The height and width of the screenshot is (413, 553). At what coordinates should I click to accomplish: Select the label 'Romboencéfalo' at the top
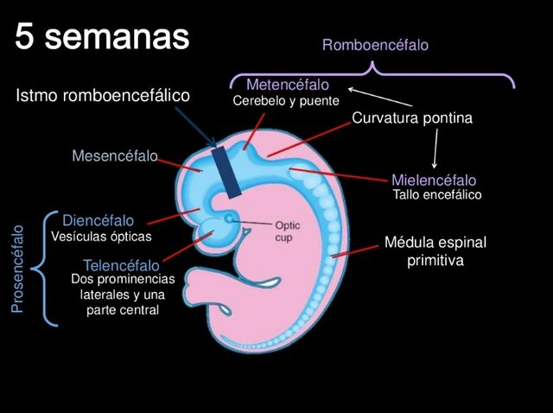375,45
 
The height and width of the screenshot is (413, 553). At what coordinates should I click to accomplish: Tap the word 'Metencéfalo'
287,85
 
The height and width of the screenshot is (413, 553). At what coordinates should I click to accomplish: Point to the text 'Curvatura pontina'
412,118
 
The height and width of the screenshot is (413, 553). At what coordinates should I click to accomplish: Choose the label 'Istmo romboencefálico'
103,95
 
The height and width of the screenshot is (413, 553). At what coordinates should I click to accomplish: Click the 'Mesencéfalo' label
115,156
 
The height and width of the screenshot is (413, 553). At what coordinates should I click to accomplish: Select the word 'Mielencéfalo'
434,181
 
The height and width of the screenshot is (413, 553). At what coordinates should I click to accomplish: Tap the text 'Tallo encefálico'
436,195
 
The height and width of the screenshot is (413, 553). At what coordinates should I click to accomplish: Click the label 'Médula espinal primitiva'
435,251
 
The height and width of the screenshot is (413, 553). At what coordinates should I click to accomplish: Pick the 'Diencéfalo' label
98,221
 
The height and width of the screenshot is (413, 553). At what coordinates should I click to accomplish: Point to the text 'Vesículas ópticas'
101,236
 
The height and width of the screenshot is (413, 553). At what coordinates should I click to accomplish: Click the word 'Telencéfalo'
121,265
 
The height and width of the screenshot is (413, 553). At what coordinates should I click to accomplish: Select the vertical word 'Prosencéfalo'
17,269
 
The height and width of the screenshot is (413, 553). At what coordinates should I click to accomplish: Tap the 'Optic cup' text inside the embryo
287,231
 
